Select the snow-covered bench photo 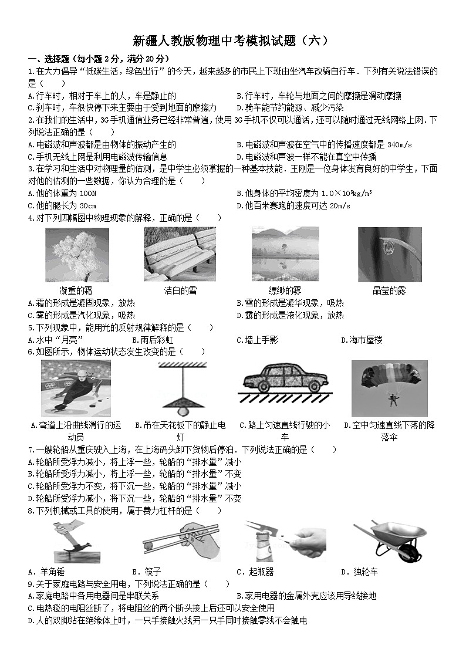(180, 255)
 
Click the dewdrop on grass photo (390, 255)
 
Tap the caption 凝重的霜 (76, 291)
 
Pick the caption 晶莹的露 (390, 291)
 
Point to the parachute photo (389, 388)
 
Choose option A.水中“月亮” (55, 340)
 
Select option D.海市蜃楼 (362, 340)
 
